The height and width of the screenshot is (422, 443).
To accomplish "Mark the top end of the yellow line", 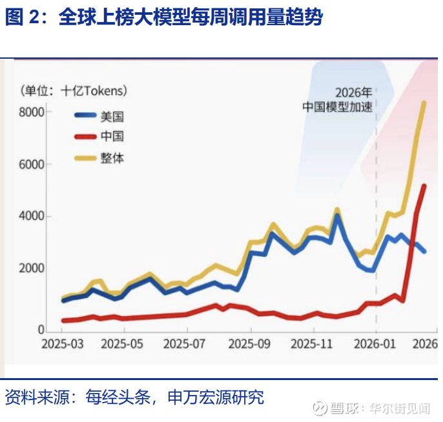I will (424, 103).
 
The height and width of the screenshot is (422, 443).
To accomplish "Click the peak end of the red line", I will (424, 186).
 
